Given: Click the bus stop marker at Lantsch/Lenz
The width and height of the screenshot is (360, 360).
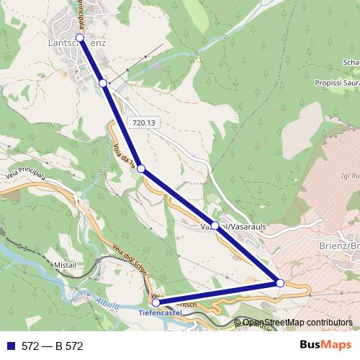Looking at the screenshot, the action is click(x=80, y=37).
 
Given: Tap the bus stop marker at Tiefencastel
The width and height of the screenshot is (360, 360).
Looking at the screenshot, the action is click(x=156, y=302).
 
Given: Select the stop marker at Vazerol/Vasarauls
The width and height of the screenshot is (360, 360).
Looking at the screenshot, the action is click(x=215, y=225).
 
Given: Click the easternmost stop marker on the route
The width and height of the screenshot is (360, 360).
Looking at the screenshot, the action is click(x=280, y=283).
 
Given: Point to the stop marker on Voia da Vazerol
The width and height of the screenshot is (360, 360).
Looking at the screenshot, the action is click(x=141, y=169).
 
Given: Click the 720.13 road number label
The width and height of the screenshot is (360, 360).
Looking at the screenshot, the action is click(x=144, y=123).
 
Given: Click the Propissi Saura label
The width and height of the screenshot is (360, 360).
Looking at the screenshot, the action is click(x=337, y=84).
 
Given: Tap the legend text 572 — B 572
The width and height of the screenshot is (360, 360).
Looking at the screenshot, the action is click(x=52, y=346).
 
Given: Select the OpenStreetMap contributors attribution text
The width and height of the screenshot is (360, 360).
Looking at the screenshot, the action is click(x=297, y=323).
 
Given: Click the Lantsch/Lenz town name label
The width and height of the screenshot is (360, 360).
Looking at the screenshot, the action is click(x=77, y=45).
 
